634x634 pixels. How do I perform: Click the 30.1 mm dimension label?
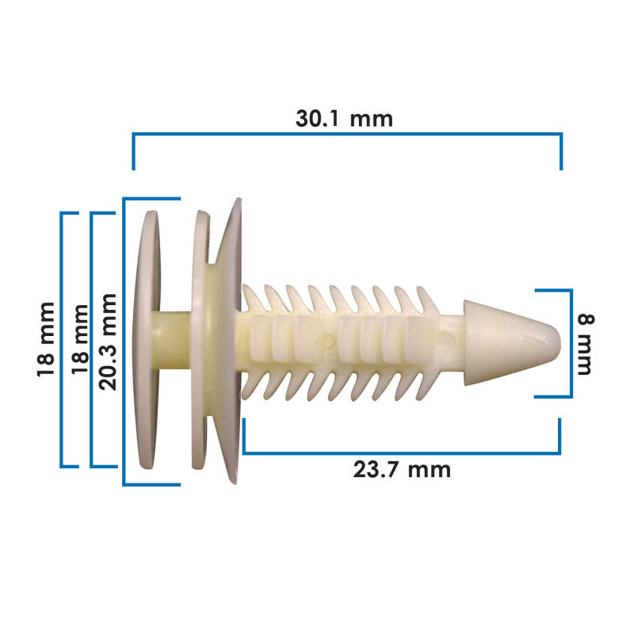(x=344, y=119)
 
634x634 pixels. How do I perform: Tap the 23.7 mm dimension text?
(x=402, y=470)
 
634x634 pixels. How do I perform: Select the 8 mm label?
(x=586, y=344)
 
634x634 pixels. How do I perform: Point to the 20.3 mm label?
(x=108, y=342)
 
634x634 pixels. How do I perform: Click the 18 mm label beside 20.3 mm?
(x=80, y=340)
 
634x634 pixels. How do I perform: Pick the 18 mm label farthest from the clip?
(x=46, y=339)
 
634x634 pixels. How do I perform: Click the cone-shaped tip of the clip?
(x=512, y=342)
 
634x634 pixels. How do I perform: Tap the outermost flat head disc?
(x=146, y=340)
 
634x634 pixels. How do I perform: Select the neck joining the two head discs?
(x=171, y=340)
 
